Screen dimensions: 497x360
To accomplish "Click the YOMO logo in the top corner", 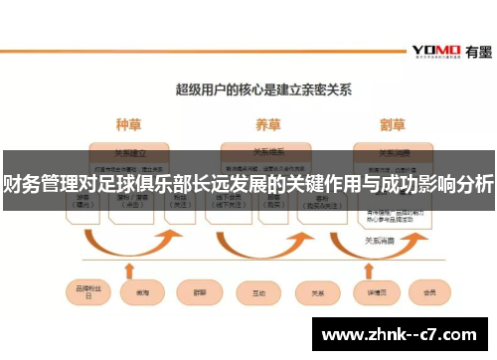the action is (x=435, y=50).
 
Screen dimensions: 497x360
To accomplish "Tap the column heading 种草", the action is (x=129, y=125).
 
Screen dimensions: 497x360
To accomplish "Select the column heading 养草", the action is (x=267, y=125).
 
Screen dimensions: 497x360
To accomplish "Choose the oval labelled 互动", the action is (x=258, y=292).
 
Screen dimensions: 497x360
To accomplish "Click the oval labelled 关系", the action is (x=318, y=292).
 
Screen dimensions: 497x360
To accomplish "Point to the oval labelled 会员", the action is (x=429, y=292).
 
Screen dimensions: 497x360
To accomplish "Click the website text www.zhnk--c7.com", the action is (x=403, y=333).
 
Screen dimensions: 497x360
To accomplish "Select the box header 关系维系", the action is (x=267, y=152).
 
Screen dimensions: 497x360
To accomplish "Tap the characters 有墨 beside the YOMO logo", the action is (x=474, y=49).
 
